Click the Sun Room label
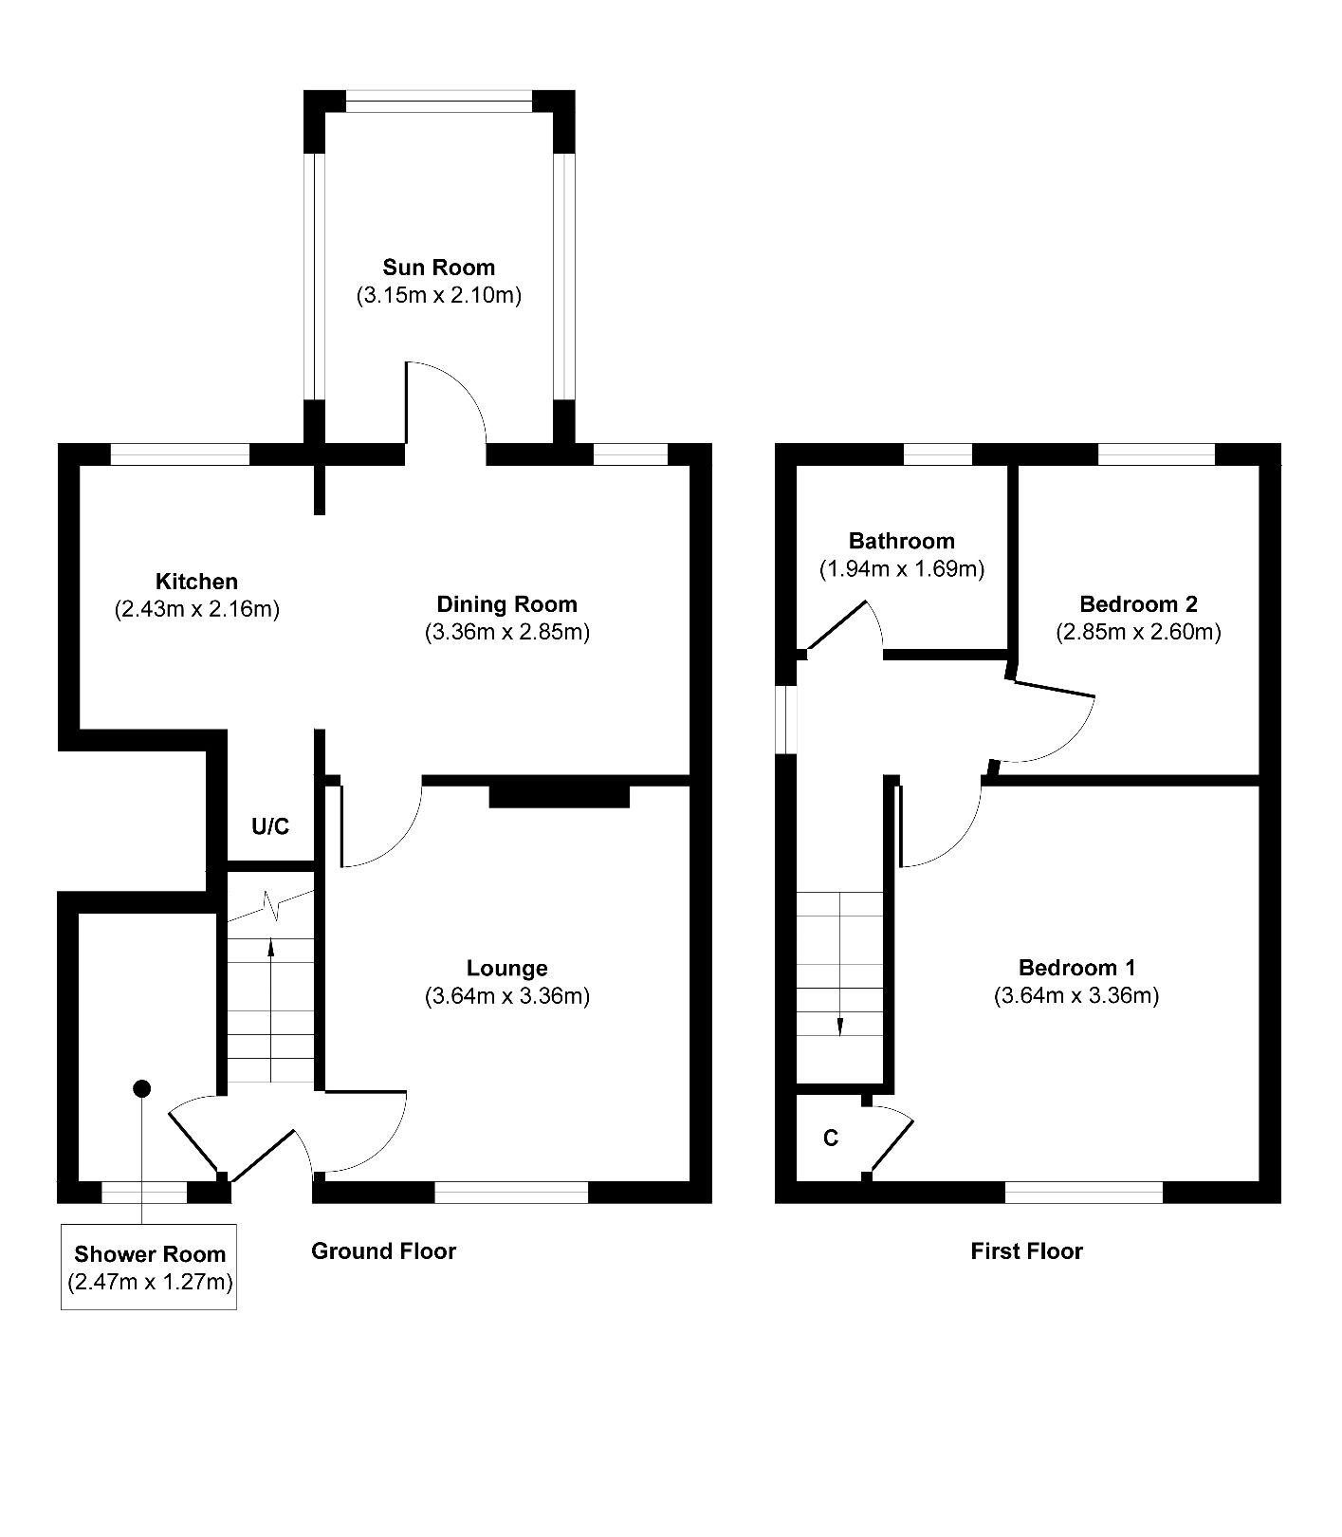pyautogui.click(x=438, y=268)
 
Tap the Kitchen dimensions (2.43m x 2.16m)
pyautogui.click(x=196, y=609)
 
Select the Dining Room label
pyautogui.click(x=506, y=604)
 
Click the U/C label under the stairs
pyautogui.click(x=270, y=827)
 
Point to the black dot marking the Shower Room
pyautogui.click(x=141, y=1088)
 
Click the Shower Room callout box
pyautogui.click(x=149, y=1268)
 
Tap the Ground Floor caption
pyautogui.click(x=383, y=1251)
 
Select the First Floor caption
pyautogui.click(x=1026, y=1251)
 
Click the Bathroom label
pyautogui.click(x=901, y=542)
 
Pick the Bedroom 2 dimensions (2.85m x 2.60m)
pyautogui.click(x=1138, y=632)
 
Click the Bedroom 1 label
pyautogui.click(x=1076, y=968)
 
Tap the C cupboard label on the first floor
pyautogui.click(x=831, y=1138)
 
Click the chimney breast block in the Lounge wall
pyautogui.click(x=560, y=794)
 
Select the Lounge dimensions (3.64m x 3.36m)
pyautogui.click(x=507, y=996)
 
